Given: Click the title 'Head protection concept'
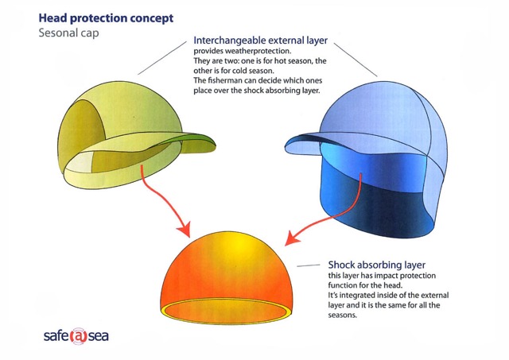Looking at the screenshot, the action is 106,18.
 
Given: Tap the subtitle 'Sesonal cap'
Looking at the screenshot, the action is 68,33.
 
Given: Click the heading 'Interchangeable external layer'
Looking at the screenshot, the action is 260,41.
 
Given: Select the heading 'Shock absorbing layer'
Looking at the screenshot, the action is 376,265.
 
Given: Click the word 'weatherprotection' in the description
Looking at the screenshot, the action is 256,51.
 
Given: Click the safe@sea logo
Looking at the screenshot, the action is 76,336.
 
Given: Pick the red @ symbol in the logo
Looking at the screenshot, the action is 78,336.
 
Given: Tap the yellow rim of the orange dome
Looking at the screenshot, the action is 227,322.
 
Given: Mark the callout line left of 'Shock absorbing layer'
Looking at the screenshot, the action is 309,265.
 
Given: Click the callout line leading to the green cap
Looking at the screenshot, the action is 162,58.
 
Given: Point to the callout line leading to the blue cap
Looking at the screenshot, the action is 356,60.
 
